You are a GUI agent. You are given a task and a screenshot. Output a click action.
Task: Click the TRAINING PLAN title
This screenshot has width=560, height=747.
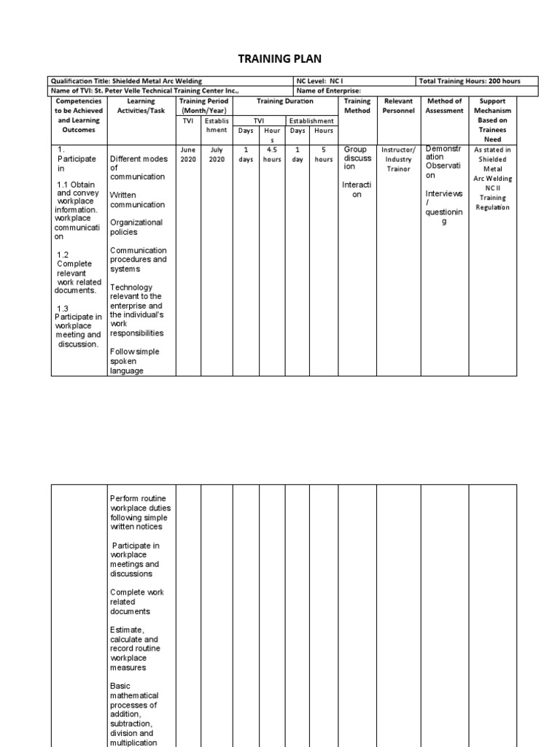coord(280,58)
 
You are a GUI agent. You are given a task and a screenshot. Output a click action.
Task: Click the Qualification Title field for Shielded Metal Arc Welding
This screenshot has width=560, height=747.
coord(126,81)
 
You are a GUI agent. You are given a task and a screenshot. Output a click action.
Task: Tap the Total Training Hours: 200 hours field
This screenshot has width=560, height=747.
coord(470,81)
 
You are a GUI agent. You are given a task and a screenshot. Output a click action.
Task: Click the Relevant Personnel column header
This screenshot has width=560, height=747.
coord(398,106)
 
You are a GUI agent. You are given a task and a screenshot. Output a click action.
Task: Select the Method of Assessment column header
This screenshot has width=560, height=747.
coord(444,106)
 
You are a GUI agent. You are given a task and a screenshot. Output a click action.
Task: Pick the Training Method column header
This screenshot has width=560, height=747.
coord(357,106)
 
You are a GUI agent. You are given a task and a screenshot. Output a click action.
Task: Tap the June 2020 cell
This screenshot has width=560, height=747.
coord(188,154)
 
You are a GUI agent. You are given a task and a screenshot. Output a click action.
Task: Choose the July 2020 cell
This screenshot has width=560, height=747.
coord(217,154)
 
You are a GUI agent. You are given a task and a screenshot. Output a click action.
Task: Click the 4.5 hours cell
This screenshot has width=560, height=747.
coord(272,154)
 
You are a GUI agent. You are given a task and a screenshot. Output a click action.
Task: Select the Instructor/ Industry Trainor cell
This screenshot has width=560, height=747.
coord(398,159)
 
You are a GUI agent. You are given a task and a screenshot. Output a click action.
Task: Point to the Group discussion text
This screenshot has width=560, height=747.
coord(357,158)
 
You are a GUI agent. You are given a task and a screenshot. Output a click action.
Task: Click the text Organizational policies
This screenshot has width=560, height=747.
coord(136,227)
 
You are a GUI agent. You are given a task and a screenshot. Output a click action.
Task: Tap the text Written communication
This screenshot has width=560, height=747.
coord(137,200)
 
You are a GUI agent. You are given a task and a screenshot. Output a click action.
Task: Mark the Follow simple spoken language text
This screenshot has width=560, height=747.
coord(134,361)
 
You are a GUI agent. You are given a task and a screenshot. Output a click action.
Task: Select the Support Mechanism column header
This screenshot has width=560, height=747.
coord(493,120)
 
